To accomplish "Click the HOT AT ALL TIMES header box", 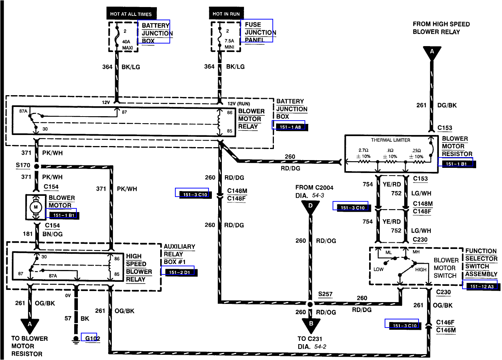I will [131, 14].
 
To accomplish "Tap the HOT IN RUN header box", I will [226, 14].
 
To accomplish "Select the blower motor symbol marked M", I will [36, 207].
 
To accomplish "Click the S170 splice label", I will [23, 165].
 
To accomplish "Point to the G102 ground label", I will [92, 338].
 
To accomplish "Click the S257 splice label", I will [325, 294].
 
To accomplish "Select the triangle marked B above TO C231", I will [311, 324].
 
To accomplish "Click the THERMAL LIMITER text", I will [391, 140].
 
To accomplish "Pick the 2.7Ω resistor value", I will [363, 150].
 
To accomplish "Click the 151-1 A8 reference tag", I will [290, 127].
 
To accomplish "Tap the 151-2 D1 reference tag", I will [179, 272].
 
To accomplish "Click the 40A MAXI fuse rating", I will [127, 45].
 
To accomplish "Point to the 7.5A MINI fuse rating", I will [229, 44].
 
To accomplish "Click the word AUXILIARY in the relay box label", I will [179, 246].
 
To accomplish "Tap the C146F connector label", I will [445, 322].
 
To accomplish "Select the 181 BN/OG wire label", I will [43, 234].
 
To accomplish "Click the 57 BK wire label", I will [77, 318].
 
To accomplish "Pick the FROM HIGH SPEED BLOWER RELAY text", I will [441, 28].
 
